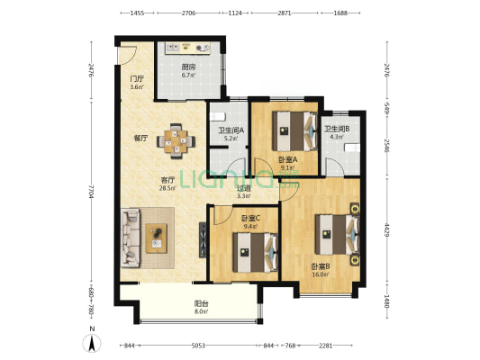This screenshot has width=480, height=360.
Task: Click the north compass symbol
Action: (92, 343)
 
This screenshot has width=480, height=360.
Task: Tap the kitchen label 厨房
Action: (188, 67)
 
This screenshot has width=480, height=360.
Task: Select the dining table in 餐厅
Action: (176, 141)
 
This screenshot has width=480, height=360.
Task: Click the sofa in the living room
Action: (131, 238)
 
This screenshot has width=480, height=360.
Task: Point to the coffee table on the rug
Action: (156, 238)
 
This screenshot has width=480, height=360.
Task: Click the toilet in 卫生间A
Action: (218, 116)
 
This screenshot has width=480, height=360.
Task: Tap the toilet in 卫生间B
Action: (352, 148)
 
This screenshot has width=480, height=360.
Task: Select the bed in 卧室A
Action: (294, 131)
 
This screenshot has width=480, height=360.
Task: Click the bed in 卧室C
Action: (255, 253)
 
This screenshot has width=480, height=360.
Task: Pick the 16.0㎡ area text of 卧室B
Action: (321, 274)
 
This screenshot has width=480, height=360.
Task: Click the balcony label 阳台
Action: (202, 303)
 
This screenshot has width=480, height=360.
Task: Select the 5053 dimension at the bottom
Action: (198, 346)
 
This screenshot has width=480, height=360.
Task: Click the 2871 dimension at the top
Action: (285, 13)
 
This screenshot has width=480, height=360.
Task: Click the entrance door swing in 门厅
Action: (128, 55)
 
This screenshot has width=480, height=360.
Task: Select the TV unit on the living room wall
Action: (203, 240)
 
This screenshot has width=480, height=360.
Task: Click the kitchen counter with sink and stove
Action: (188, 48)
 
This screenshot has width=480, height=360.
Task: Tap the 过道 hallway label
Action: (244, 188)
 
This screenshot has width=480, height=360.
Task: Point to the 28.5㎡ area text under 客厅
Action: (168, 188)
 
